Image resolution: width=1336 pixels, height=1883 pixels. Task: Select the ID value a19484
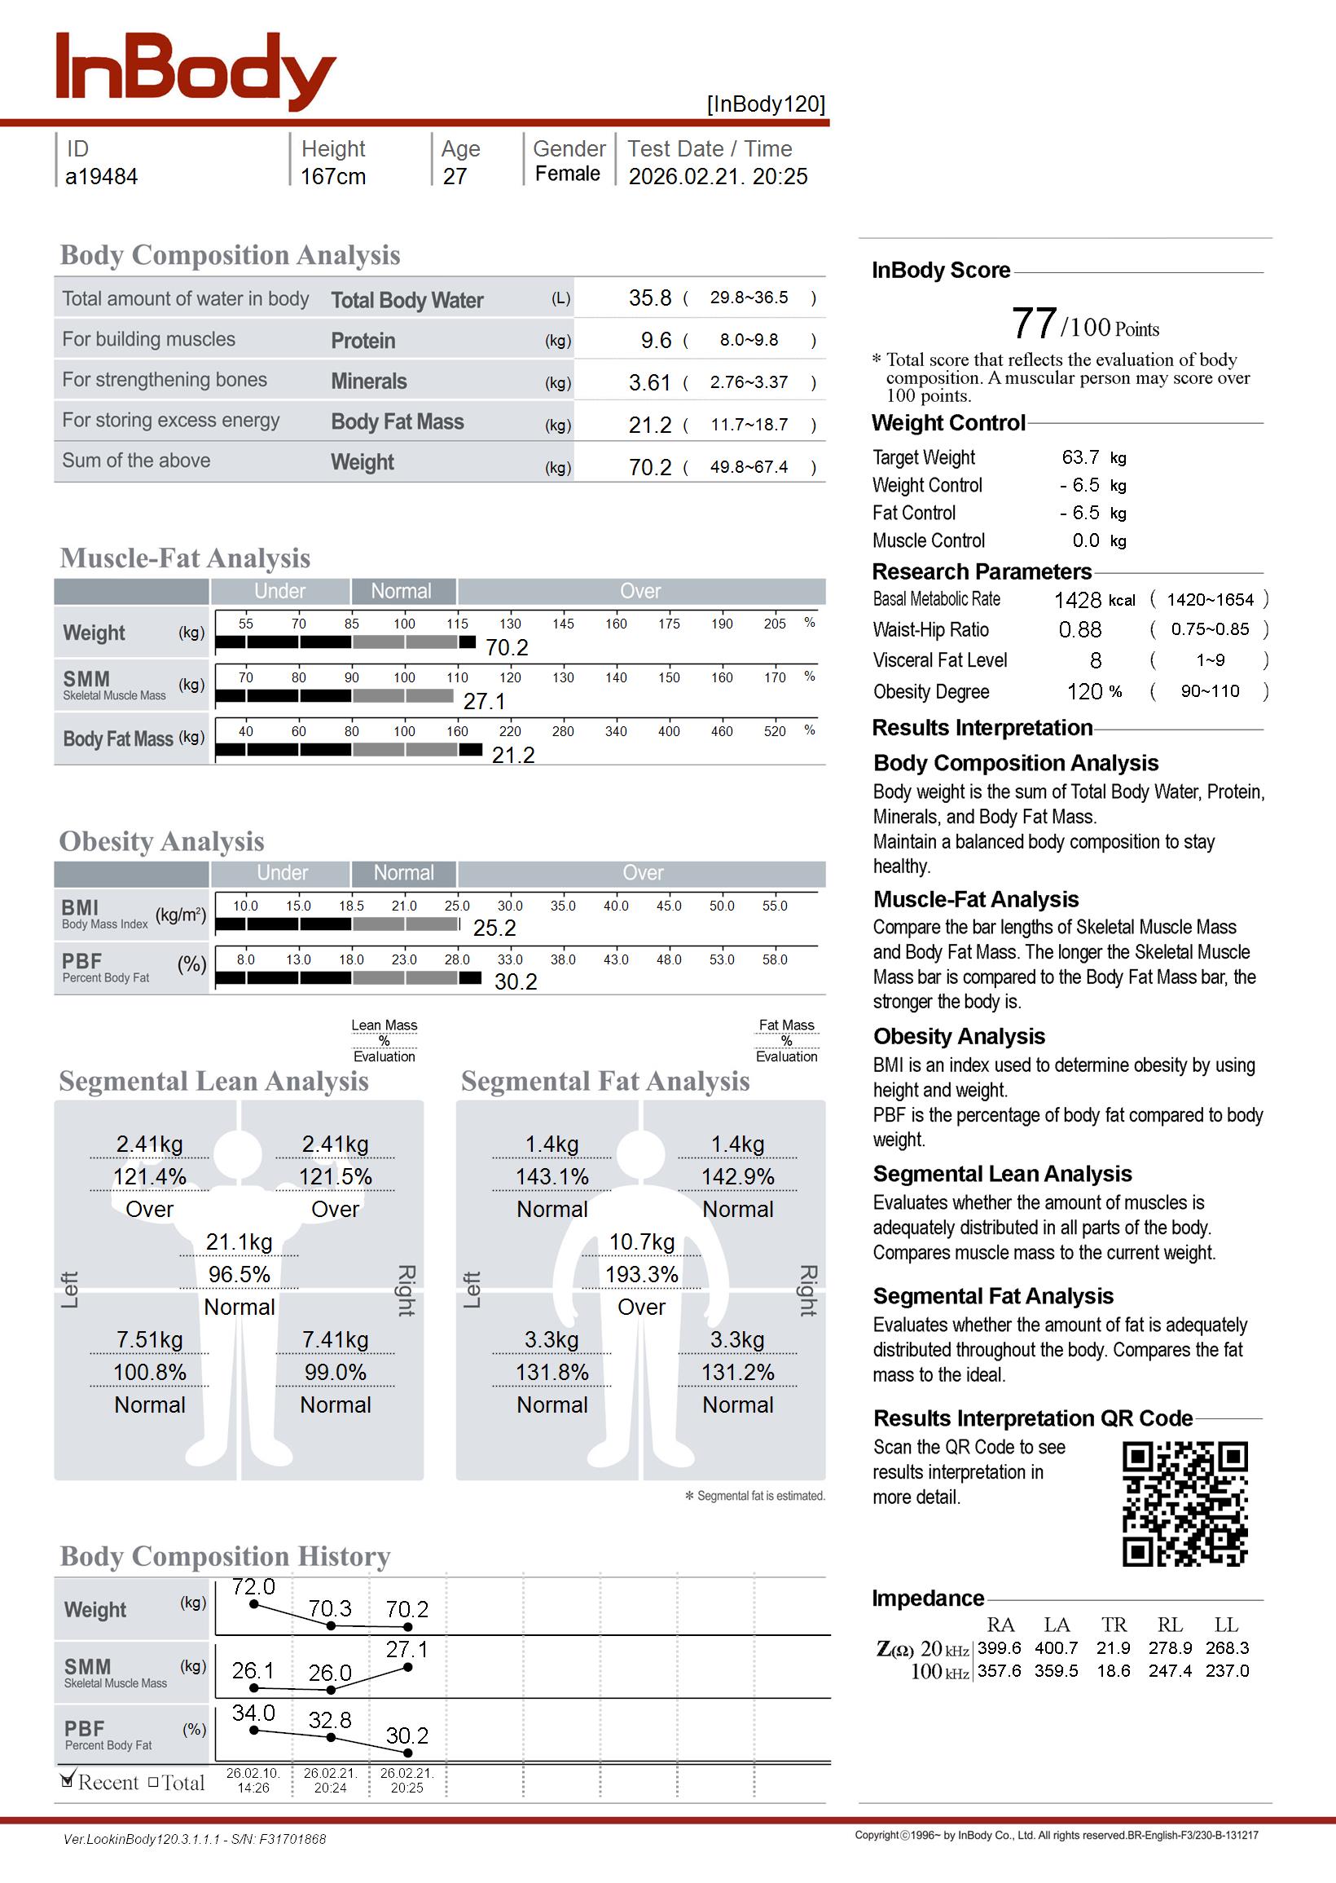(x=101, y=176)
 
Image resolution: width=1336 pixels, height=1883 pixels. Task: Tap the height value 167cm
(x=332, y=176)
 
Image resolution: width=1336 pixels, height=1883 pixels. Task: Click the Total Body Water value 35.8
(x=650, y=298)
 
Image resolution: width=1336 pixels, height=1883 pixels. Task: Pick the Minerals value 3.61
(x=650, y=382)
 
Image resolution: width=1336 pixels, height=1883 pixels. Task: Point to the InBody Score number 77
(x=1034, y=324)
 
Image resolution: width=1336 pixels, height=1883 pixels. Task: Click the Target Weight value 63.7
(x=1080, y=456)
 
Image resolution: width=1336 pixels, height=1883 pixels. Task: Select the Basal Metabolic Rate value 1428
(x=1078, y=600)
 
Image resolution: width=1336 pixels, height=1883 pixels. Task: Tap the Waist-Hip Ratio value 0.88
(x=1080, y=629)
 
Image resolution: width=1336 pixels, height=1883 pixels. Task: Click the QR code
(x=1184, y=1504)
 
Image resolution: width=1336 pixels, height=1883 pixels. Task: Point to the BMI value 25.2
(x=494, y=928)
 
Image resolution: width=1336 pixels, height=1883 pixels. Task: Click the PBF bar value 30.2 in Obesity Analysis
(x=516, y=981)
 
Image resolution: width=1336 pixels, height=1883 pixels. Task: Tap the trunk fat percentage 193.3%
(x=642, y=1274)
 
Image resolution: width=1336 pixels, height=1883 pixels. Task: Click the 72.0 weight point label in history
(x=253, y=1586)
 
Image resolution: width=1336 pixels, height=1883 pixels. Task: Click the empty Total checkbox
(x=153, y=1782)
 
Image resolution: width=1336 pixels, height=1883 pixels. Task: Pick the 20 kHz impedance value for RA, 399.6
(x=999, y=1647)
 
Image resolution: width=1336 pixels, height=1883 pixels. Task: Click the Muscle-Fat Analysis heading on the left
(x=185, y=558)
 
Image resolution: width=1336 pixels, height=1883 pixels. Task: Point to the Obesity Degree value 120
(x=1085, y=691)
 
